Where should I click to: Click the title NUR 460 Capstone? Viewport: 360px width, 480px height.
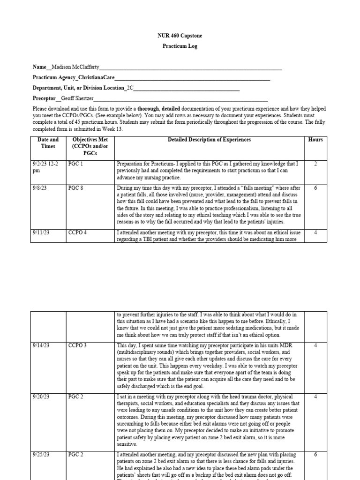click(180, 36)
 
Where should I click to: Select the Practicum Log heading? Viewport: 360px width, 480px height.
click(180, 46)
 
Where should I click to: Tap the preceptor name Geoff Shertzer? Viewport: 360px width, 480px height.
click(77, 98)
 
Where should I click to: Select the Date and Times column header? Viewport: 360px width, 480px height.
click(48, 143)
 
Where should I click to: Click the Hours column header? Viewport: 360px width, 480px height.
click(315, 140)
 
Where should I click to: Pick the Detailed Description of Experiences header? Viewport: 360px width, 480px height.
click(209, 140)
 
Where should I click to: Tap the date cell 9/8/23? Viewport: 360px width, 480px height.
click(40, 188)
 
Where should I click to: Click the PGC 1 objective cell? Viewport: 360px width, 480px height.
click(75, 164)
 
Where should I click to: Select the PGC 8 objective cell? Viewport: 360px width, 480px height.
click(75, 188)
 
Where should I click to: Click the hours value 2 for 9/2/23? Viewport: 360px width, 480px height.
click(315, 164)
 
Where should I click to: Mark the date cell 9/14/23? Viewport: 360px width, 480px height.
click(41, 345)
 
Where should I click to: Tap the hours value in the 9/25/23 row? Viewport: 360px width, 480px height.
click(315, 455)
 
